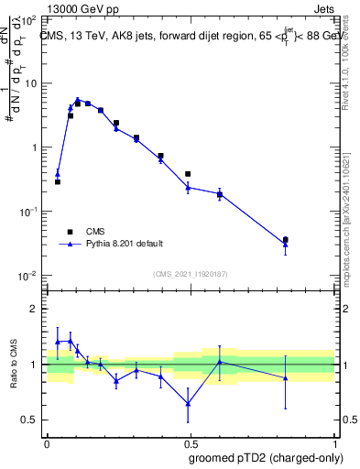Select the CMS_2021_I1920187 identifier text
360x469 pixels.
coord(190,274)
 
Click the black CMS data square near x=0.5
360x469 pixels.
coord(188,174)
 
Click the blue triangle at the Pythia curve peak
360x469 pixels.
coord(78,100)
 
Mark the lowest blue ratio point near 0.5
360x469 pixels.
coord(188,403)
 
